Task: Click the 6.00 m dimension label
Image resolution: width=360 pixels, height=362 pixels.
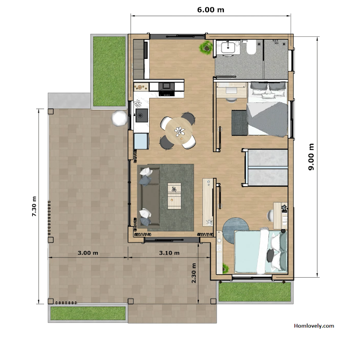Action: pos(211,10)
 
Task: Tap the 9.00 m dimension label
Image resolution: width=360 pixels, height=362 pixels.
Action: pos(311,157)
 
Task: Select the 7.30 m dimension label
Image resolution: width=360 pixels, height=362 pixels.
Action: pos(34,206)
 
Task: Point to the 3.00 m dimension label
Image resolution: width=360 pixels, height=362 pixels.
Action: pos(88,253)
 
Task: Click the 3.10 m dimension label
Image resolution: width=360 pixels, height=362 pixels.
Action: pos(170,253)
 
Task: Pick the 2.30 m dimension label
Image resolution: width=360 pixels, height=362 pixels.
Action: pos(193,273)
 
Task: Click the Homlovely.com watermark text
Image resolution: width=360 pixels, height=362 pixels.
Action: pos(314,326)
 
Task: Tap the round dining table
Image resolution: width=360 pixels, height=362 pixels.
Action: pos(179,131)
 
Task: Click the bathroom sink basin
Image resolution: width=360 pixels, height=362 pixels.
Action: pos(228,48)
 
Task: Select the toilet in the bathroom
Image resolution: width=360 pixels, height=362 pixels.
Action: pos(251,47)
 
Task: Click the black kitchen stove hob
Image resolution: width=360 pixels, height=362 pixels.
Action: pos(167,89)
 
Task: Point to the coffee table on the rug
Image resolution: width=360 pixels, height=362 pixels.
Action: pos(175,196)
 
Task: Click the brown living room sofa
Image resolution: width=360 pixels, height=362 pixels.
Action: pos(149,197)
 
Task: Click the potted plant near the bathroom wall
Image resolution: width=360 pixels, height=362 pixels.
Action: pos(206,48)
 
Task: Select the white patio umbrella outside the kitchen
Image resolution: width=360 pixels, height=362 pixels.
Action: pos(119,118)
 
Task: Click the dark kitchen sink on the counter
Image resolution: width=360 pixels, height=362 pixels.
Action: pos(142,115)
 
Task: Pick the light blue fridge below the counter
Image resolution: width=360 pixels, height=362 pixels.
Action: pos(141,141)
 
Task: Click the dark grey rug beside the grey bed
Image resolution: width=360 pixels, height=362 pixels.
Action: pos(240,123)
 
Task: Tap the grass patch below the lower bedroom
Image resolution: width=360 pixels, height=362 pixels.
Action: pos(255,292)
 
